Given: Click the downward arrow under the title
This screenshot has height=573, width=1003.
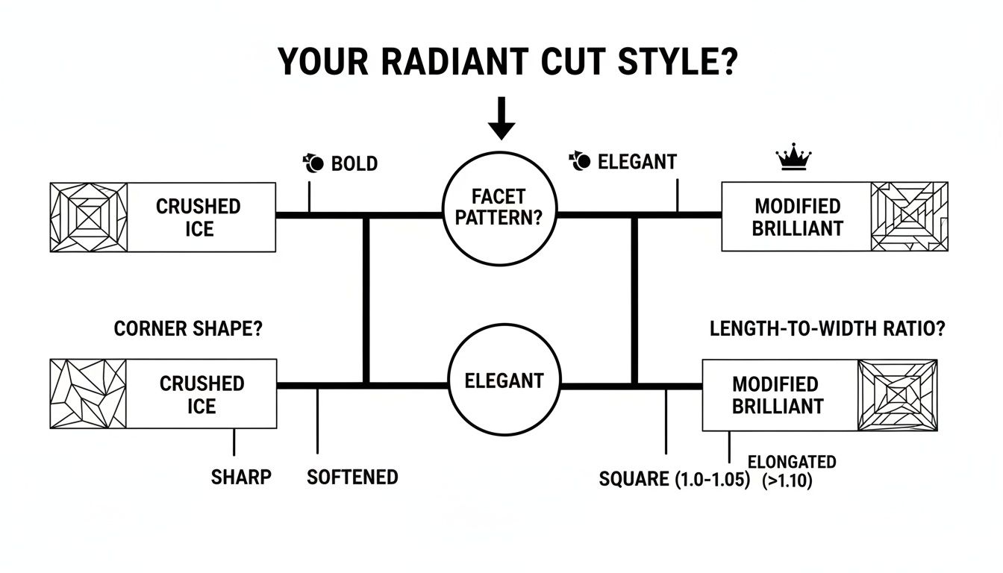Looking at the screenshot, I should (x=501, y=118).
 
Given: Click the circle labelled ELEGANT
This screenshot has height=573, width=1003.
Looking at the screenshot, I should (x=504, y=381).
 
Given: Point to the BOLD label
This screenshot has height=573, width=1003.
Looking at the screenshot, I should (x=354, y=163).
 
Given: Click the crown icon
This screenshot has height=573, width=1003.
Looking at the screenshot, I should (x=793, y=158).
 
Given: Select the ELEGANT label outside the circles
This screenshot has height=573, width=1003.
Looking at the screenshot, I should (x=637, y=162).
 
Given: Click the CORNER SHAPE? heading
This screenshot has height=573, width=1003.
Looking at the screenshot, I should (x=188, y=329).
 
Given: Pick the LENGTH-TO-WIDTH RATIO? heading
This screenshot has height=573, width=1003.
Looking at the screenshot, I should (x=827, y=329).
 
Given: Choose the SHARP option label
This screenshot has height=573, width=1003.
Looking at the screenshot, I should (x=241, y=477).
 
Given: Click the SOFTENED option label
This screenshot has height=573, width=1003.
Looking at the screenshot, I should (x=352, y=477).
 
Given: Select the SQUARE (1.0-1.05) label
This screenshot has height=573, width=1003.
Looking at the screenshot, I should (x=674, y=480).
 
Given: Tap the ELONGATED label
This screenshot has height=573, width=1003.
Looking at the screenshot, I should (x=791, y=462).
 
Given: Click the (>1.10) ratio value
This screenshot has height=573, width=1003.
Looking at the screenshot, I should (x=787, y=482).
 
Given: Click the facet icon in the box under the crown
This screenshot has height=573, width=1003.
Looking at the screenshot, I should (x=909, y=216).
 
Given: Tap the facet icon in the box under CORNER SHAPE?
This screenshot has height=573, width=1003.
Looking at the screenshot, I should (x=88, y=394).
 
